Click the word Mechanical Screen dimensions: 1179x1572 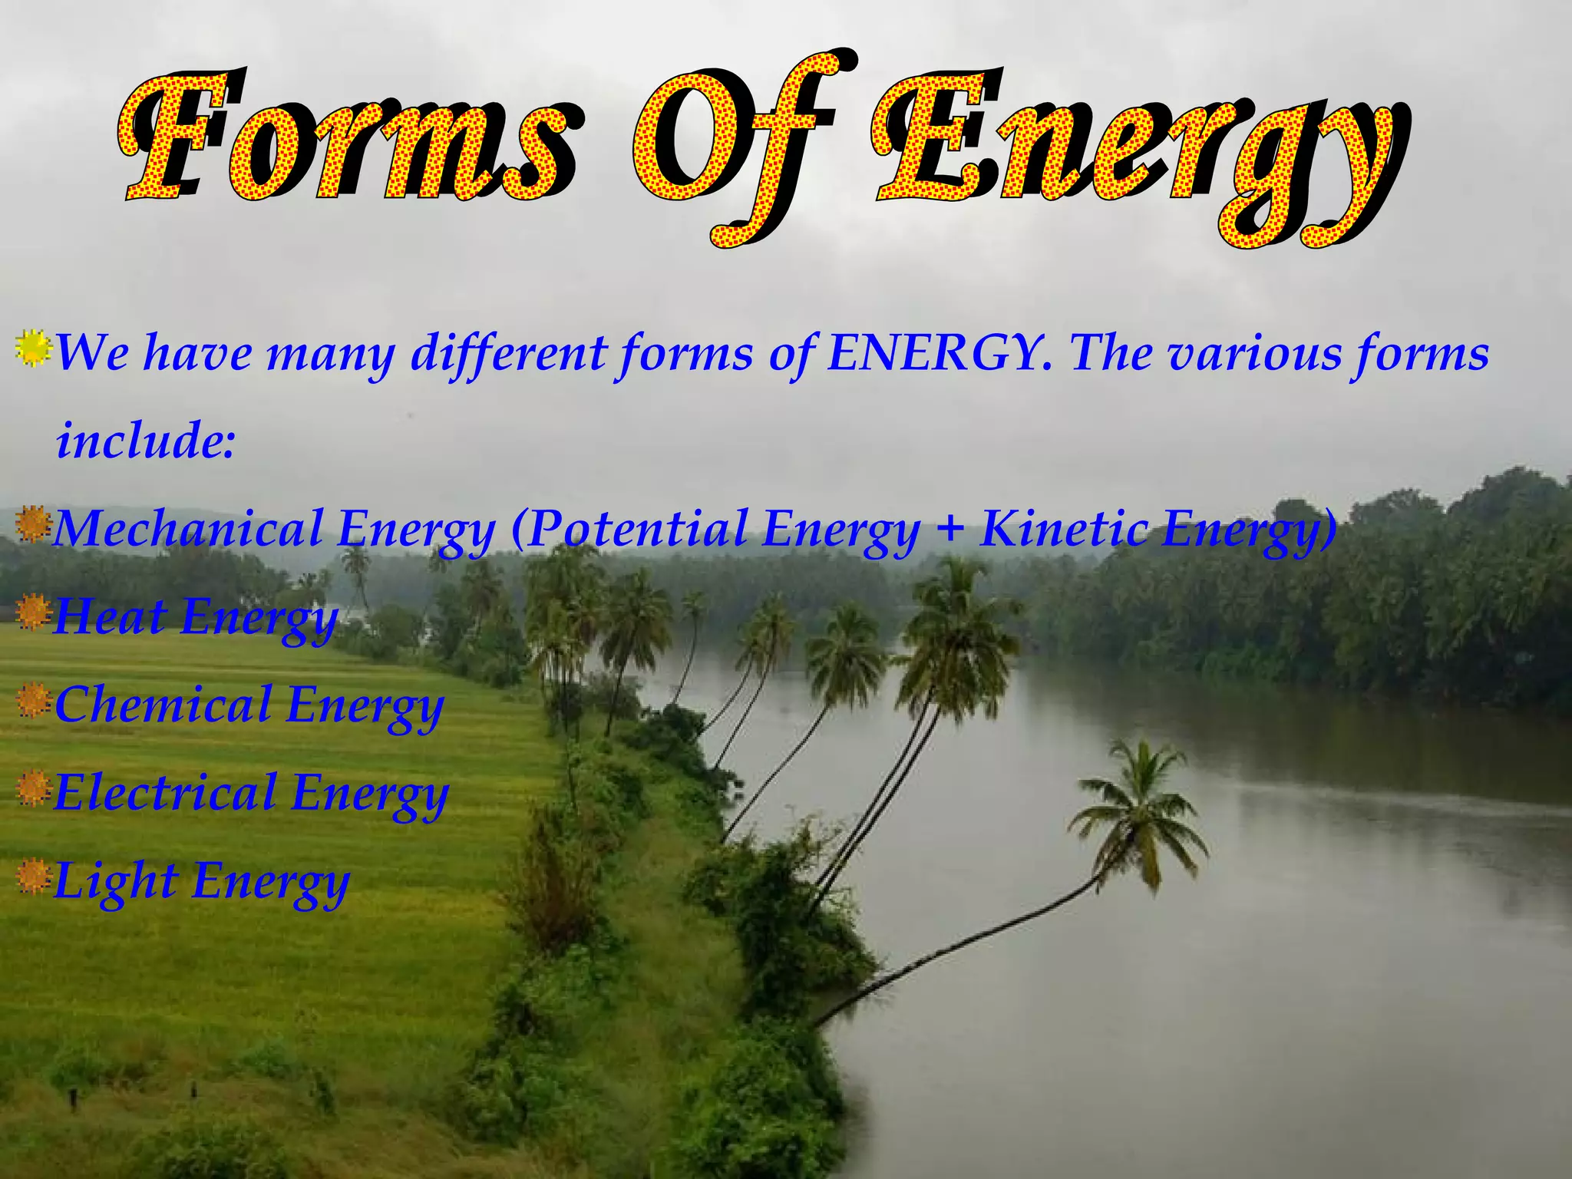click(189, 529)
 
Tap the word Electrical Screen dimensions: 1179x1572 click(166, 792)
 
